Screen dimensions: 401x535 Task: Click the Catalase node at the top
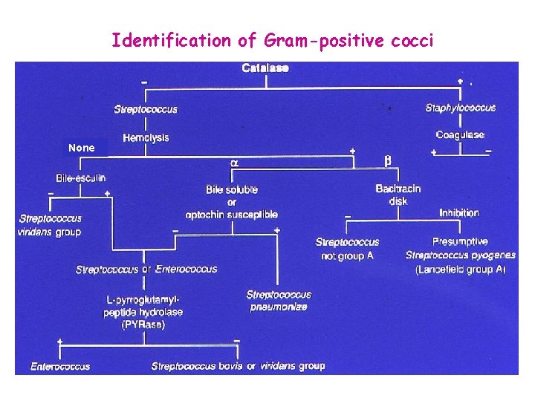pos(265,69)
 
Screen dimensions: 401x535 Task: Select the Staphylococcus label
pos(461,108)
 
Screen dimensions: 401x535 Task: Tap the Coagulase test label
pos(460,134)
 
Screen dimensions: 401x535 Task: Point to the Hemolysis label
pos(146,138)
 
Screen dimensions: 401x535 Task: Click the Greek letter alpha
pos(235,162)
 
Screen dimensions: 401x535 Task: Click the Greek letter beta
pos(387,160)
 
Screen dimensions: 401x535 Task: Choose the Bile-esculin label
pos(81,178)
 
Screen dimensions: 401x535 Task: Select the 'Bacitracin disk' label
pos(398,195)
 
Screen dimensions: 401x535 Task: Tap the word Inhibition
pos(458,213)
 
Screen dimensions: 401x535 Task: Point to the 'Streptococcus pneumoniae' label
pos(279,301)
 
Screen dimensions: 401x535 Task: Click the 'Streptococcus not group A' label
pos(347,248)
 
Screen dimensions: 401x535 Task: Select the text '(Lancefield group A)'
pos(460,269)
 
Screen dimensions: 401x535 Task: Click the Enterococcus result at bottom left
pos(60,366)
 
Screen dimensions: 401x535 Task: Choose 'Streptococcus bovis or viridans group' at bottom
pos(238,366)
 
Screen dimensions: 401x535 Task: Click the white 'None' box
pos(81,148)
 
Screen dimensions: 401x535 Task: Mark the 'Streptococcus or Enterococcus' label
pos(146,269)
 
